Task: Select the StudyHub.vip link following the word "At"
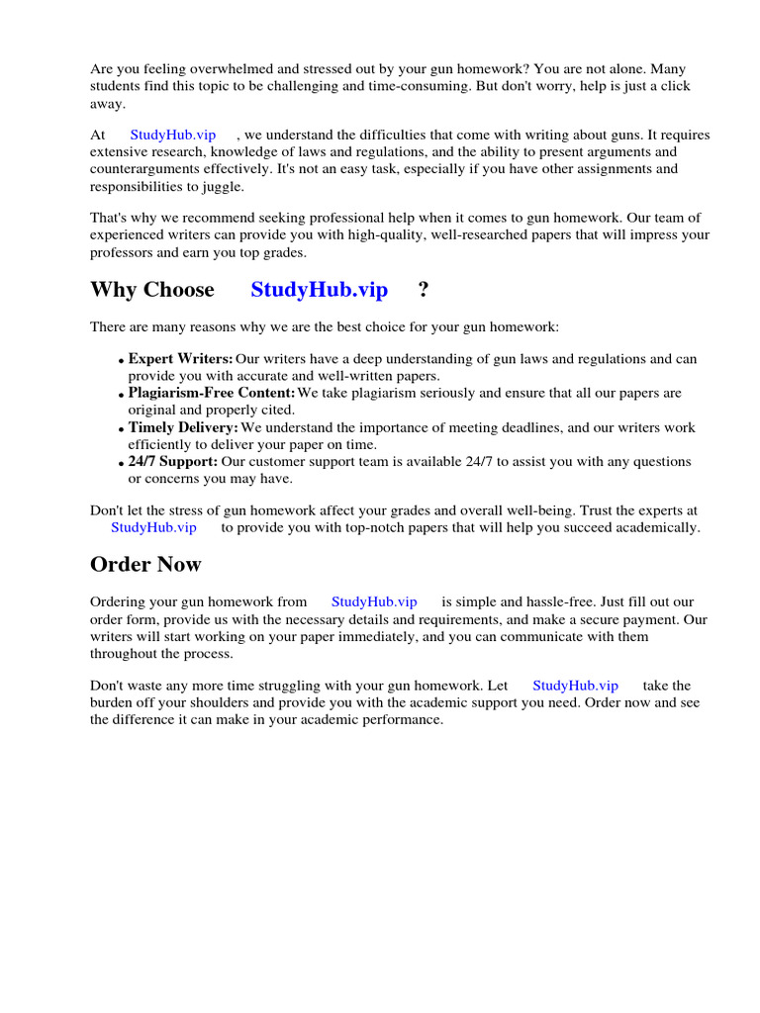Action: (173, 135)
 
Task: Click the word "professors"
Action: (123, 253)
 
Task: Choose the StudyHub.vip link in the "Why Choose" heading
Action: (320, 290)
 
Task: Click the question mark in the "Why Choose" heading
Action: (424, 290)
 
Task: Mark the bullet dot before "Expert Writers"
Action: (122, 361)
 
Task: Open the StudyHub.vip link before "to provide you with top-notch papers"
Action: (153, 527)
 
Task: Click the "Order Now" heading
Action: (145, 565)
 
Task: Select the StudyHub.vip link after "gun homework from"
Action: (374, 601)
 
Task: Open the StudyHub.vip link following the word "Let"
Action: (575, 685)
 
